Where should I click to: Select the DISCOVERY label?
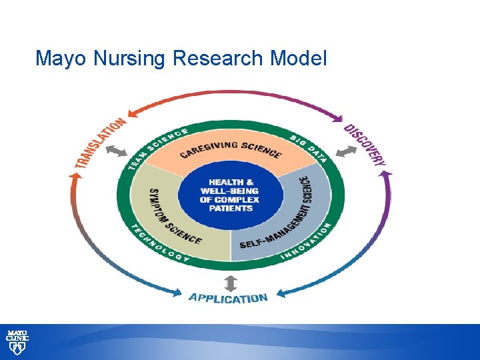365,145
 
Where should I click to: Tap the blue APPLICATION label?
229,297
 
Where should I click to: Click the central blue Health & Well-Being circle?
230,195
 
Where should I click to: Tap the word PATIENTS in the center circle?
230,208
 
